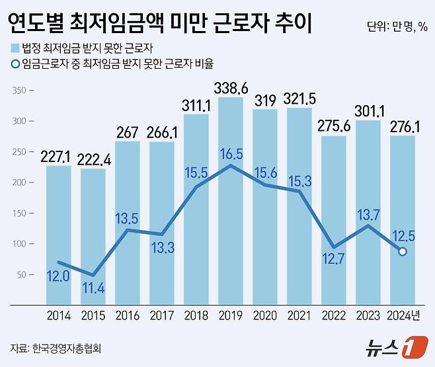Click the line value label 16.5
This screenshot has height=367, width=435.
[x=231, y=155]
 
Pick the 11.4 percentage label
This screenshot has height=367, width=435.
[x=93, y=289]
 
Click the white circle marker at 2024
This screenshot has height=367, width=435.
[x=403, y=251]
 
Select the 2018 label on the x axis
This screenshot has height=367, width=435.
[x=196, y=316]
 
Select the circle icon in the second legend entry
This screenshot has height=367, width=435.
[x=15, y=64]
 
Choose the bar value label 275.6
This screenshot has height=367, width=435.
[x=334, y=126]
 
